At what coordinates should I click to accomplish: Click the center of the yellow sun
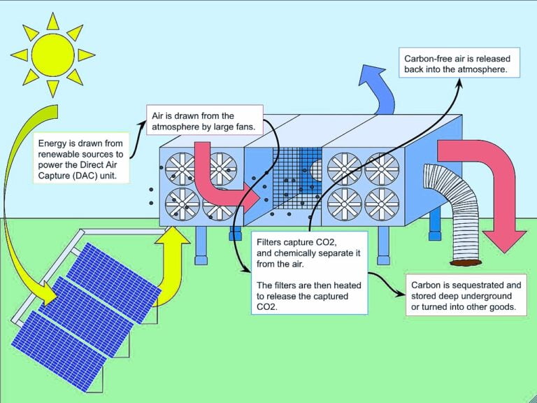[53, 53]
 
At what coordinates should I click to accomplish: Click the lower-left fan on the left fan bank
[182, 204]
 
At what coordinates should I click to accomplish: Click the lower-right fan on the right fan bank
[381, 204]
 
